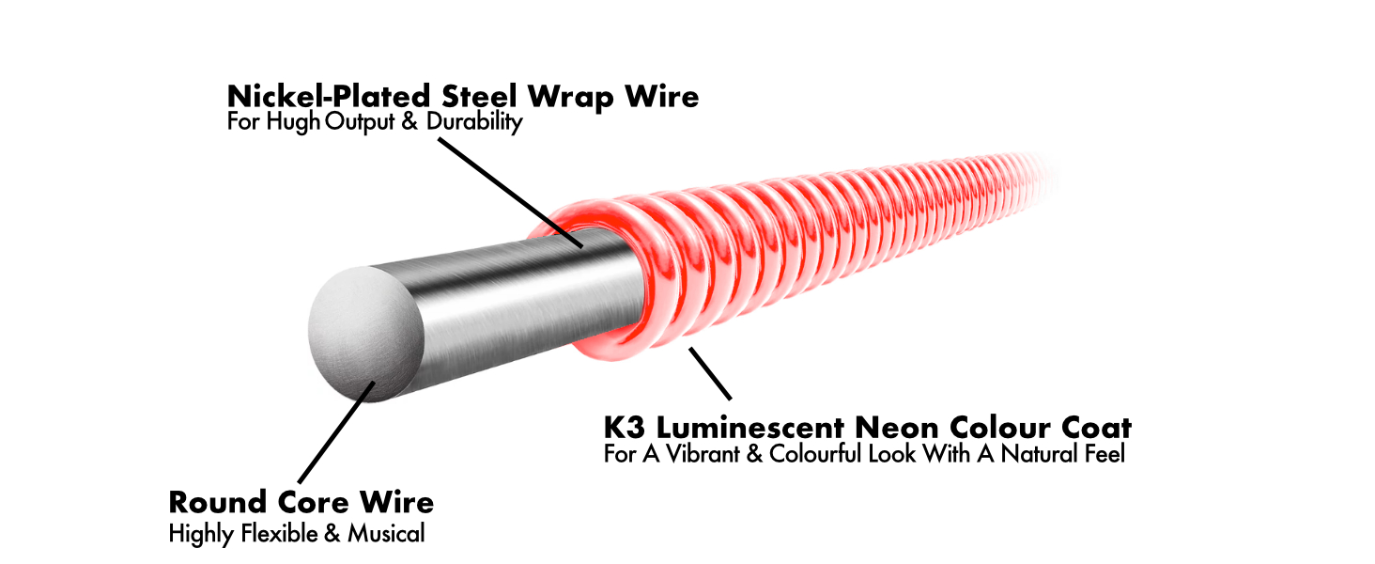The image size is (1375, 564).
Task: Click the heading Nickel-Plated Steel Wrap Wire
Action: [x=463, y=96]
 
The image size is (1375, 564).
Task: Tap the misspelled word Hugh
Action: [x=298, y=122]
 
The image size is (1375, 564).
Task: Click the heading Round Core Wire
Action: [x=301, y=502]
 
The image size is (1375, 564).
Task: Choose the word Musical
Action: [x=386, y=534]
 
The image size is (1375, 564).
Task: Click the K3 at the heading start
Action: [x=625, y=428]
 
